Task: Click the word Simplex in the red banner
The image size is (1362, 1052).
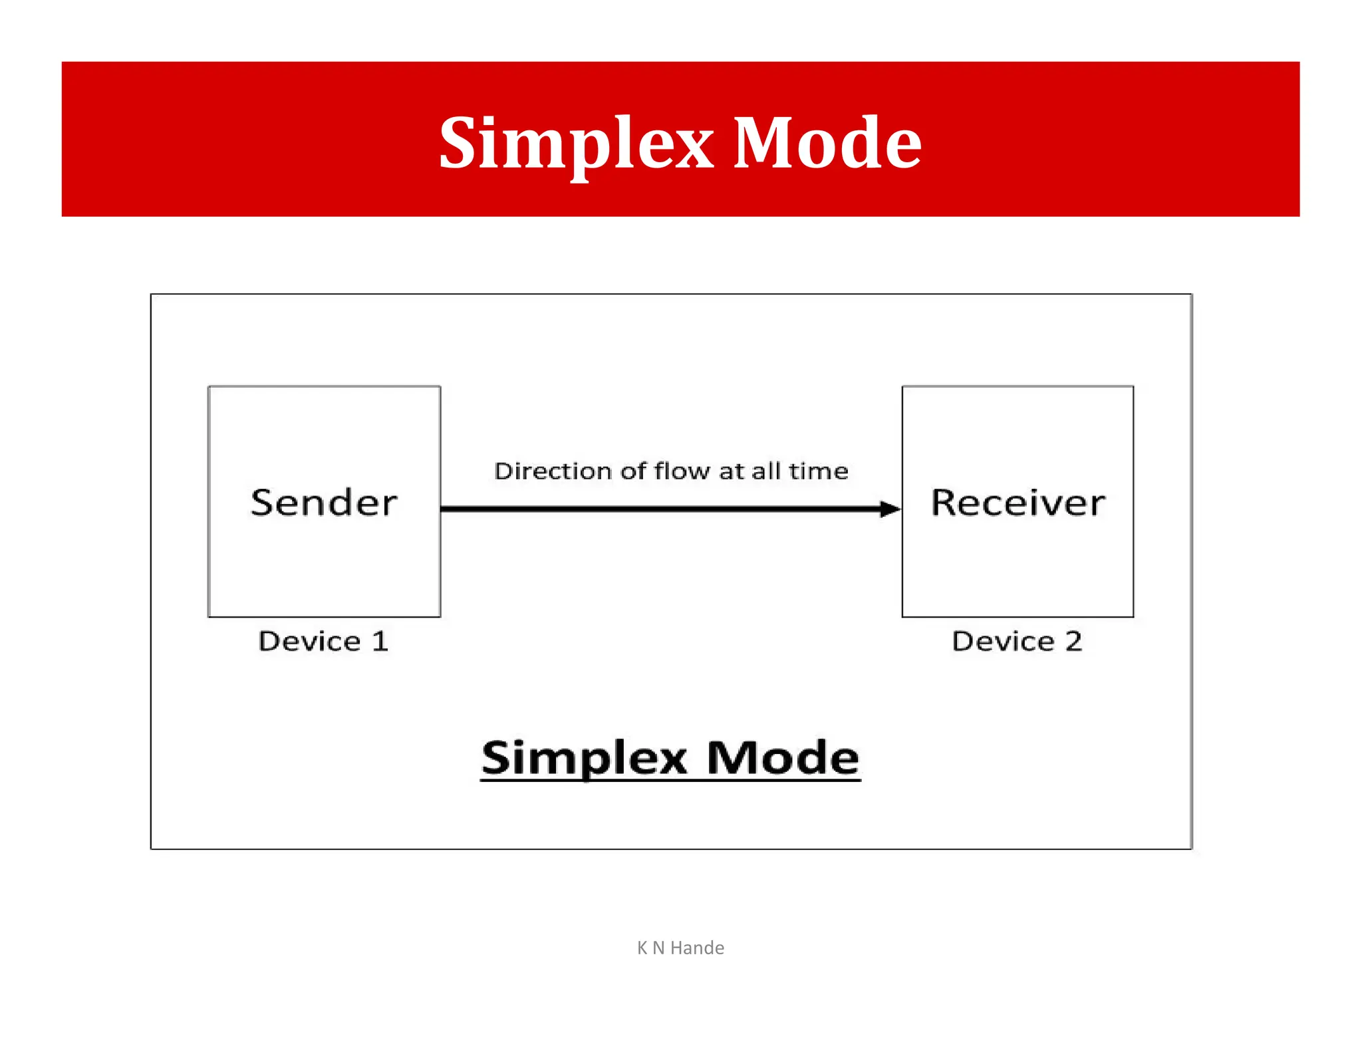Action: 576,143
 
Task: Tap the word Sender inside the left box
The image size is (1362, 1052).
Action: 324,503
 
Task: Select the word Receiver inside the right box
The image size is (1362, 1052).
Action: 1018,503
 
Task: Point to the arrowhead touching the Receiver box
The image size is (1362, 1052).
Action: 890,509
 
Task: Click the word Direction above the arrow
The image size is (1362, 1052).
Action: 553,471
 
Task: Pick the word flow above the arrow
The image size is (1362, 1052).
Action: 683,471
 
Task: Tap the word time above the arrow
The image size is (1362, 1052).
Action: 819,471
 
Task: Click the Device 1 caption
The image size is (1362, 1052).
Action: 323,641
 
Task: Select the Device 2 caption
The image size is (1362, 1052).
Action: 1017,641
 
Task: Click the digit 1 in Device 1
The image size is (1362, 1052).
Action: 380,641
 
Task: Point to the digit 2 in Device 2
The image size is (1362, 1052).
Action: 1073,641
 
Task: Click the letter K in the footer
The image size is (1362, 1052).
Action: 642,948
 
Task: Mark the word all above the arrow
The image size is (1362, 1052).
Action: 766,471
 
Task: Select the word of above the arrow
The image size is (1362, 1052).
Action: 633,471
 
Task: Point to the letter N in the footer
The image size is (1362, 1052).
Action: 658,948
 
